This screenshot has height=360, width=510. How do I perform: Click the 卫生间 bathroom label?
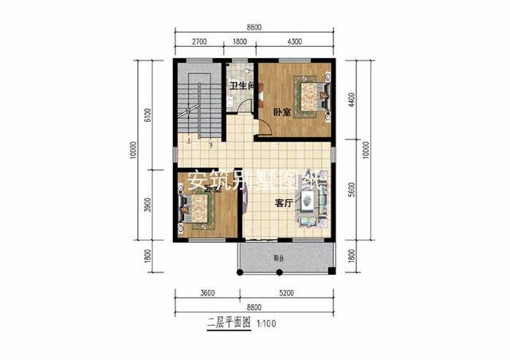tap(241, 85)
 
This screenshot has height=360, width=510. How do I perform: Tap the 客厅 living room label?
tap(284, 203)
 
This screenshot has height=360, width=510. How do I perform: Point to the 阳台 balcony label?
tap(278, 258)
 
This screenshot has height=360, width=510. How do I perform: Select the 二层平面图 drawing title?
tap(229, 325)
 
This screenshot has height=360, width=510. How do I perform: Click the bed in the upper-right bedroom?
tap(308, 96)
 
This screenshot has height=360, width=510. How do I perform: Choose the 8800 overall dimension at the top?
tap(254, 26)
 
